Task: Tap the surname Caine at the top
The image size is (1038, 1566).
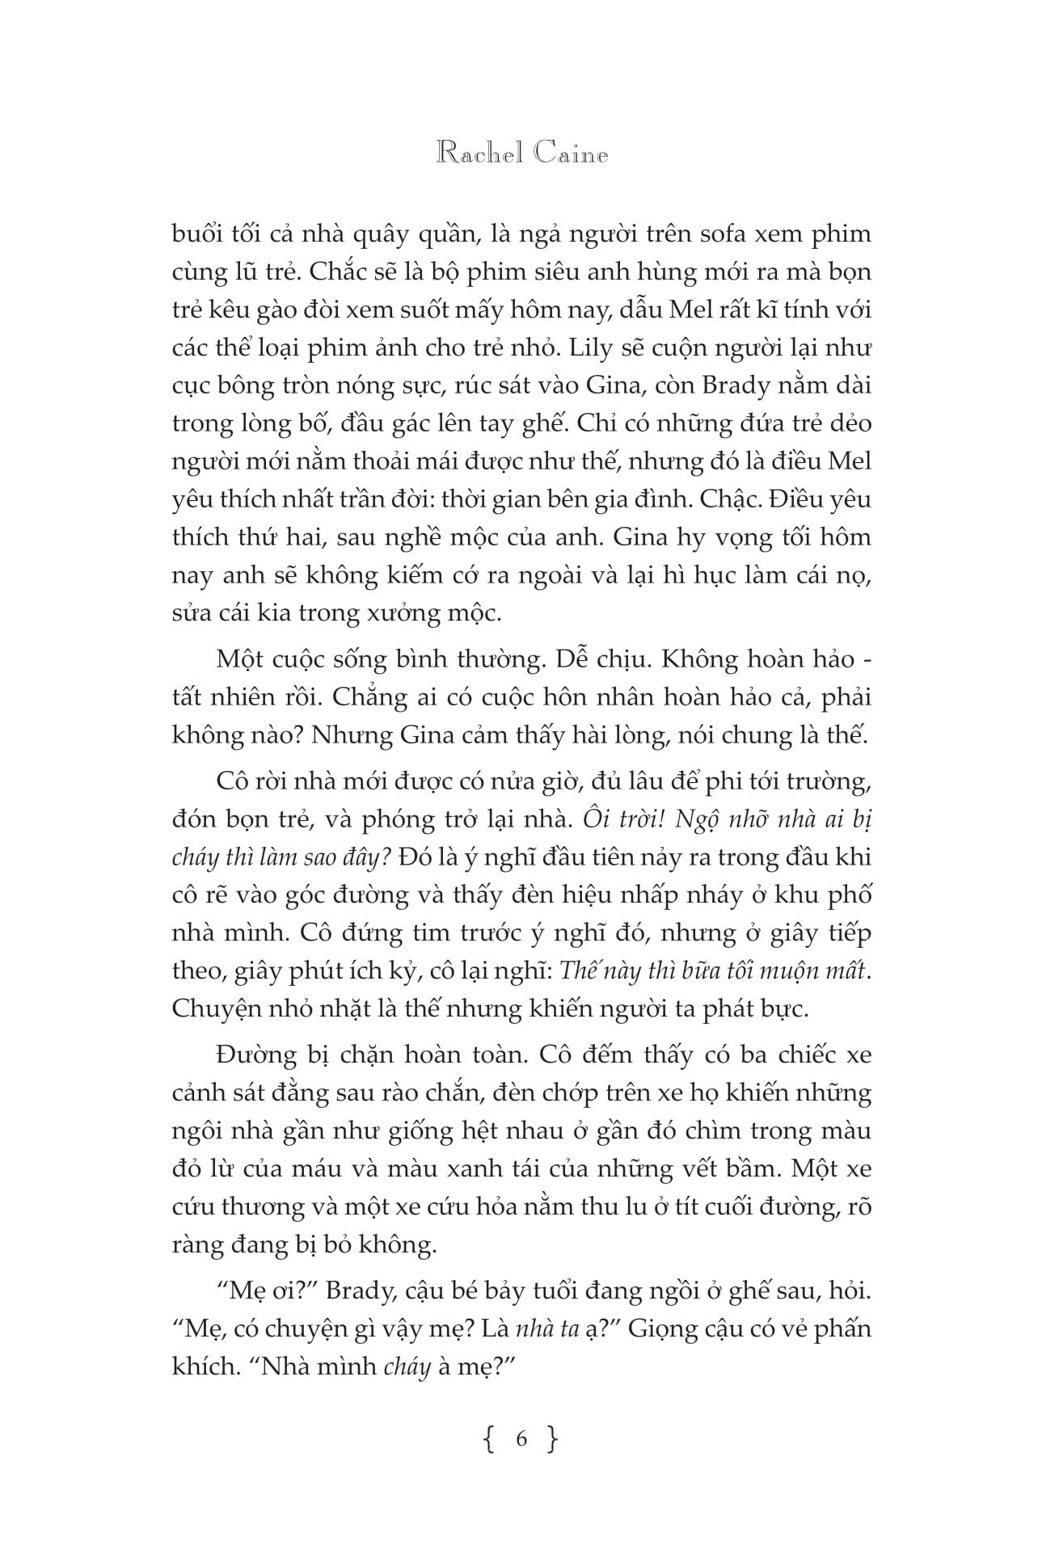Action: pyautogui.click(x=571, y=154)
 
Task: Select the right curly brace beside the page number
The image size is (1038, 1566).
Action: pyautogui.click(x=553, y=1439)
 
